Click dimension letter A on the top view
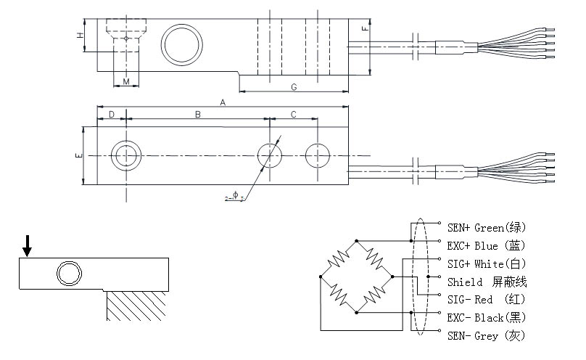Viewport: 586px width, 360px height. click(223, 103)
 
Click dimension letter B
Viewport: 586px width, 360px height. click(197, 115)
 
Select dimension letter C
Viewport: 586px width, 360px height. click(294, 115)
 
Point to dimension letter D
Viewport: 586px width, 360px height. click(112, 115)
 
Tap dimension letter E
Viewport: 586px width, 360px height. click(78, 155)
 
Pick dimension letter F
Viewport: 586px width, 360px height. click(364, 29)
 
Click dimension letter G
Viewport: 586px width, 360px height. click(294, 87)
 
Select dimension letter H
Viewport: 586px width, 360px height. click(79, 35)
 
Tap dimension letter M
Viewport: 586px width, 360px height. click(126, 82)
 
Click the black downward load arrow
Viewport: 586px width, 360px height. click(27, 246)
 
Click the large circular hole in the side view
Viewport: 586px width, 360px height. click(182, 46)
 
